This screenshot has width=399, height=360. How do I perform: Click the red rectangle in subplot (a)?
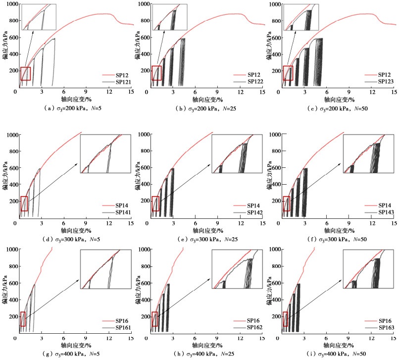tap(25, 73)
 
